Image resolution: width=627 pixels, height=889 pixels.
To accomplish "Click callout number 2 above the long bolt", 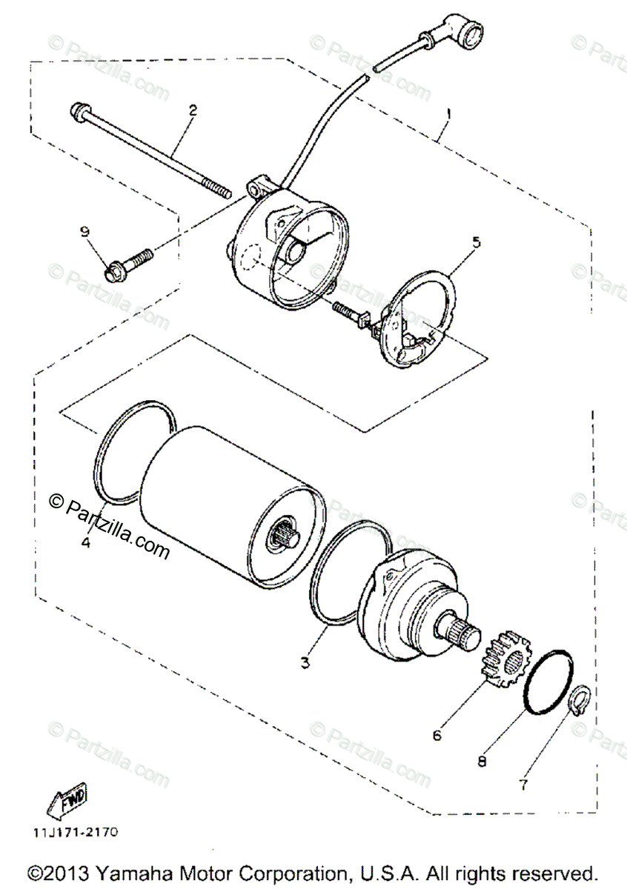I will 193,110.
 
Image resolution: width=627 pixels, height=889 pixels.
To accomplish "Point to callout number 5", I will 477,242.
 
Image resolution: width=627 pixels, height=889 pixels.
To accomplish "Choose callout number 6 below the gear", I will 437,735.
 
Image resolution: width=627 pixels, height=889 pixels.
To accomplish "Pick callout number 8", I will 482,760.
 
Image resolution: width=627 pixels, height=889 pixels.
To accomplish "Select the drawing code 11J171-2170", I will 74,832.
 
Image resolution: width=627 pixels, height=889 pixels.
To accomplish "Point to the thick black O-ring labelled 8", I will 548,681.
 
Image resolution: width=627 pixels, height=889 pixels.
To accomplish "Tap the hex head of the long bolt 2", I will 77,111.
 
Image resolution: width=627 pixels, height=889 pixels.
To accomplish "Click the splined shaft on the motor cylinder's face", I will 283,535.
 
